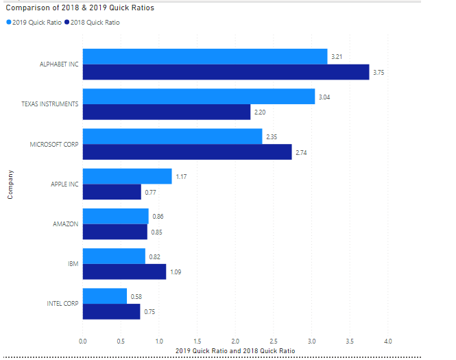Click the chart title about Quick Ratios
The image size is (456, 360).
pos(80,8)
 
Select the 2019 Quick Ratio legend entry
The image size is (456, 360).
pos(34,22)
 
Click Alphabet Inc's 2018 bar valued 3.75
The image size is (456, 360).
pos(226,72)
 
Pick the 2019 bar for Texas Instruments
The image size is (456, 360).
pos(198,97)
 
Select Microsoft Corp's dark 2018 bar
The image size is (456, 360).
pos(187,152)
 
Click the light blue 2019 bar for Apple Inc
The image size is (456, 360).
pos(127,176)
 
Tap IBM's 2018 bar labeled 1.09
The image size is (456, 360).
pos(124,272)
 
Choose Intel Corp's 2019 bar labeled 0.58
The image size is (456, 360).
pos(104,296)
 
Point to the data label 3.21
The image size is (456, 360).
pos(337,56)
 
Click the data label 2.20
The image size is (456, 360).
pos(260,112)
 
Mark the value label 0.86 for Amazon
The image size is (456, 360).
pos(158,216)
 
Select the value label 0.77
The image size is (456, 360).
pos(150,192)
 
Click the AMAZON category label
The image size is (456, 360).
pos(66,224)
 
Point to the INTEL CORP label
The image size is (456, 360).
pos(62,303)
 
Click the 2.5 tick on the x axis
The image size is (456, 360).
pos(273,340)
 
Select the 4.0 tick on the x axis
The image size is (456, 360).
pos(387,340)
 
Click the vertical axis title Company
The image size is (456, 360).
pos(10,184)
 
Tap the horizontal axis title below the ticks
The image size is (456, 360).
pos(235,350)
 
